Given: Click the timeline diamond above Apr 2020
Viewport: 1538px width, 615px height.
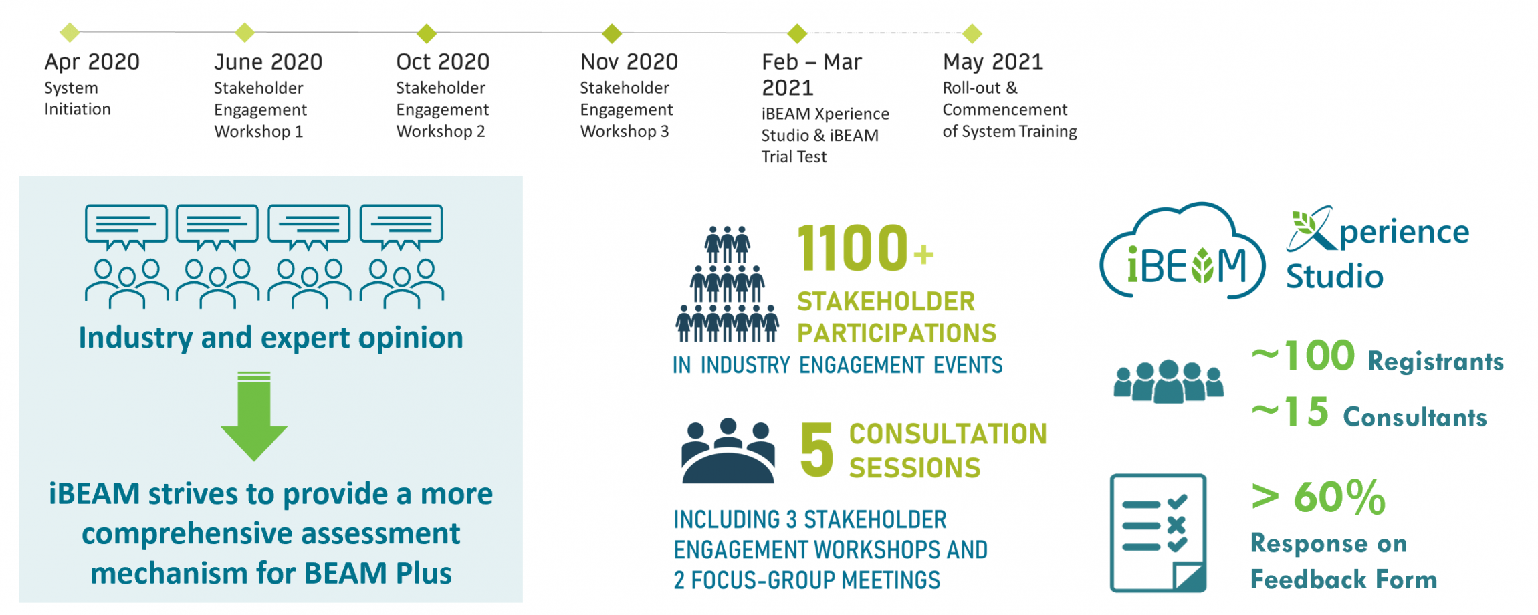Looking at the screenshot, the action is coord(70,32).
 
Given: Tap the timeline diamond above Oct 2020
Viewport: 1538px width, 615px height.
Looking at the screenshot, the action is coord(427,33).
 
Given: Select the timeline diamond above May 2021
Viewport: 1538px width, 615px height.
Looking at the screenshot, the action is coord(972,33).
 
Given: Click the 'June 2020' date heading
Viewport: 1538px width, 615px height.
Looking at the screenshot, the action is coord(268,62).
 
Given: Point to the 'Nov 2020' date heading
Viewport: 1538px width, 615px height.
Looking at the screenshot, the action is coord(629,62).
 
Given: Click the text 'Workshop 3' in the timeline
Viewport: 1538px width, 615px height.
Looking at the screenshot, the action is coord(625,132).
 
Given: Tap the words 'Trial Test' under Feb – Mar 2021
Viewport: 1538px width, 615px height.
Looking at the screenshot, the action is coord(794,157).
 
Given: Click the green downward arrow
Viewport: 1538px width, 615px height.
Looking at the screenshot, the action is coord(254,416).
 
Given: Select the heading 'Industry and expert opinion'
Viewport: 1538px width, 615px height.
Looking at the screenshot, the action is coord(271,338).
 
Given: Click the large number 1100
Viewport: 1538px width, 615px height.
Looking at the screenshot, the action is coord(853,248).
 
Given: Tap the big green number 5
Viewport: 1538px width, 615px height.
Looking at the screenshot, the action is coord(816,450).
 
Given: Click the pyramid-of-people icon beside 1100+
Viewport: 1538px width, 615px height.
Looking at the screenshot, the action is coord(728,284).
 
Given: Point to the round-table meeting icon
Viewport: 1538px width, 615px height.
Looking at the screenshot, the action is coord(728,451).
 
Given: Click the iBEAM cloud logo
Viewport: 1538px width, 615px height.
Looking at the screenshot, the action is coord(1182,252).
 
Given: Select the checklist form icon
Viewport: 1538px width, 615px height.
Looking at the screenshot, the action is coord(1158,533).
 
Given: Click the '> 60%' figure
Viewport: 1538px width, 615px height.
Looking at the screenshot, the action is coord(1318,497).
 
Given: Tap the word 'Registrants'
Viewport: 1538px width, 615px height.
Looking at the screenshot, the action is coord(1436,362).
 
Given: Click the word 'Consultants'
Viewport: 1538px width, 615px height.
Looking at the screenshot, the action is coord(1415,417).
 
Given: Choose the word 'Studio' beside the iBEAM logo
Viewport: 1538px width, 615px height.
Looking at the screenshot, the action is coord(1334,276).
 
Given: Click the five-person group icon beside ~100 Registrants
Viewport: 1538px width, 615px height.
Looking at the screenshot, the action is coord(1168,381).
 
